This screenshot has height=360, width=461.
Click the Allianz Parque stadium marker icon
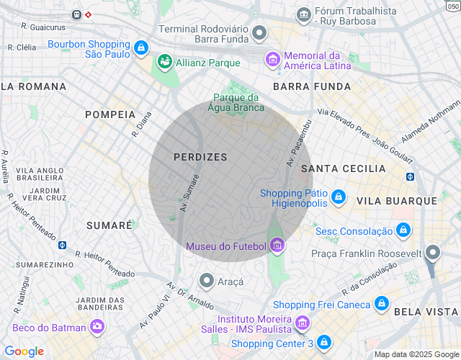166,63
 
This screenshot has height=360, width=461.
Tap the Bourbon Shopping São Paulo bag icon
141,49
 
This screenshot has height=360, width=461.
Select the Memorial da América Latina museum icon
273,58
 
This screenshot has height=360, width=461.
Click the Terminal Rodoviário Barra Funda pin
259,32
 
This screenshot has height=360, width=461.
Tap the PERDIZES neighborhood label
200,157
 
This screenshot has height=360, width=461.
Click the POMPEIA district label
110,114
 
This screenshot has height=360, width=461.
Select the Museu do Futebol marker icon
277,246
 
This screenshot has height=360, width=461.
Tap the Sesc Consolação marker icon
403,230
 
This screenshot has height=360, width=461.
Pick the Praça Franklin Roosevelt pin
432,252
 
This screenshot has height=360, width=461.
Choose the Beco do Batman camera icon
97,328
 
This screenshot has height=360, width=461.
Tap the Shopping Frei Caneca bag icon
382,305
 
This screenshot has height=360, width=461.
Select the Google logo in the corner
24,351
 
